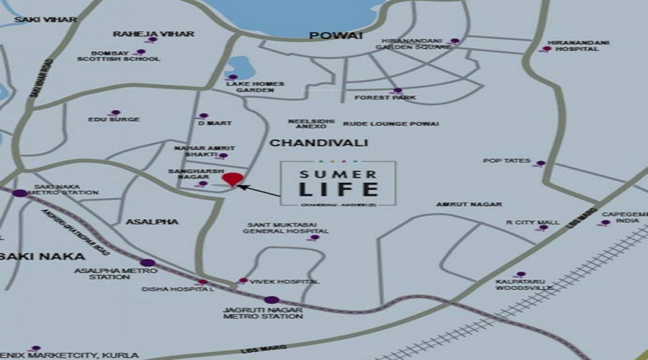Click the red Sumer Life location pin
click(x=231, y=179)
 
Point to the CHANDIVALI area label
click(x=308, y=143)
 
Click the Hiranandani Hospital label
click(x=578, y=47)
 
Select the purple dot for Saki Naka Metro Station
click(x=20, y=193)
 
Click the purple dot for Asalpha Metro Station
click(x=147, y=263)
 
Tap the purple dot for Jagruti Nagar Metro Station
click(x=271, y=300)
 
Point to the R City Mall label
click(x=532, y=222)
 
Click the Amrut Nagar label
click(x=469, y=204)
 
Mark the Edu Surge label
click(x=113, y=120)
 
